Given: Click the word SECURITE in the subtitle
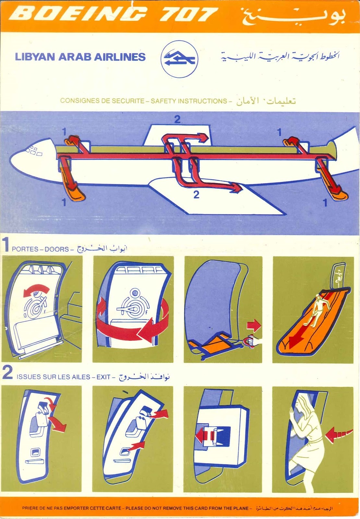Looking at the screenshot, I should [128, 101].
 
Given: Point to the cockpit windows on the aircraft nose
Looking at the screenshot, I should [34, 151].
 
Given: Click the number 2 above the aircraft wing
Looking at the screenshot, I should [177, 120].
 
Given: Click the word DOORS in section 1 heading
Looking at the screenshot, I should [57, 249].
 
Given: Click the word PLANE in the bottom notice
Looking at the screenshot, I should [240, 508].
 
